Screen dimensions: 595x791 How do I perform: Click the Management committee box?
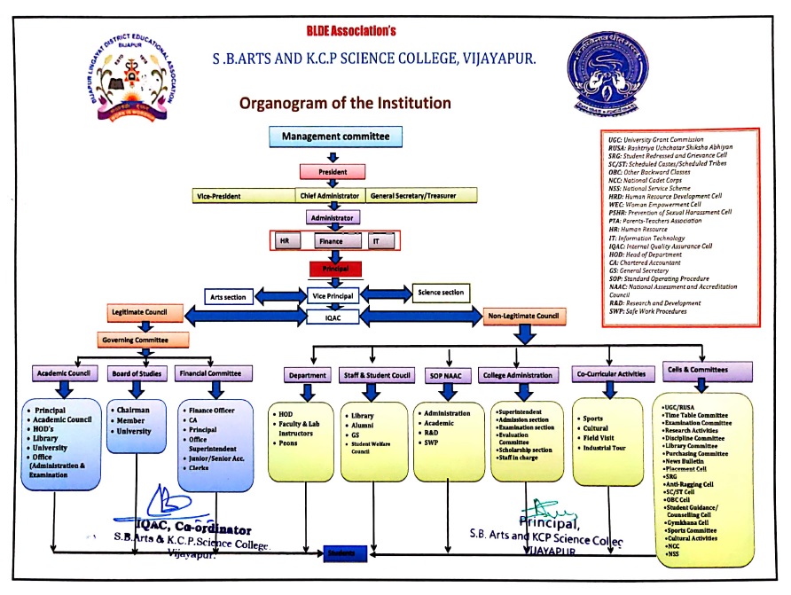pos(336,137)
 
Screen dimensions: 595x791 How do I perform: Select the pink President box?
pos(333,171)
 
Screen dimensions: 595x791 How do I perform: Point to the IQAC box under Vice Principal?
pos(333,315)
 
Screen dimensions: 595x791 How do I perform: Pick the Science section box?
pos(441,292)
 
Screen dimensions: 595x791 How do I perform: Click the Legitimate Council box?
pos(146,313)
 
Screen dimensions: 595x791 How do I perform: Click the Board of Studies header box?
pos(136,373)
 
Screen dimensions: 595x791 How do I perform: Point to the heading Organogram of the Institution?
pos(345,103)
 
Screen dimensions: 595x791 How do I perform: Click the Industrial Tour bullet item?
pos(604,448)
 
